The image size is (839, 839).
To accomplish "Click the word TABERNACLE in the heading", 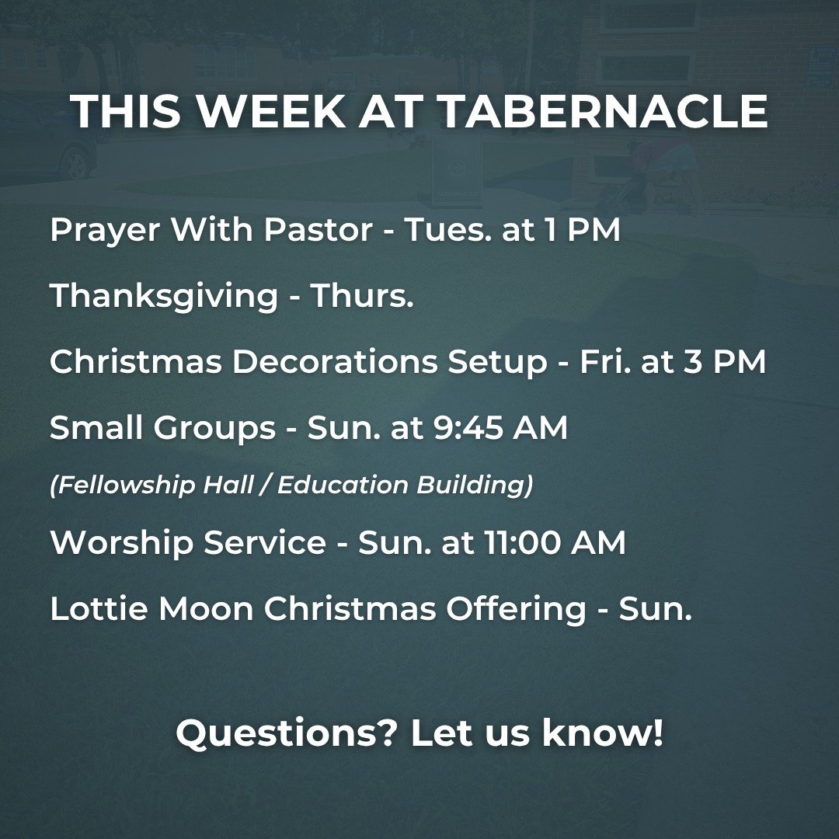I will coord(603,112).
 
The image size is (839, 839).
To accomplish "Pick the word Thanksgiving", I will coord(164,296).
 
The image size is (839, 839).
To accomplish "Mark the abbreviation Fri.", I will coord(605,363).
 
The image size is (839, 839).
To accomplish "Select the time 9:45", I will coord(473,428).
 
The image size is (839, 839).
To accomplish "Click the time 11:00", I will coord(523,542).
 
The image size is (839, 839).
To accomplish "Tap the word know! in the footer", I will coord(603,733).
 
